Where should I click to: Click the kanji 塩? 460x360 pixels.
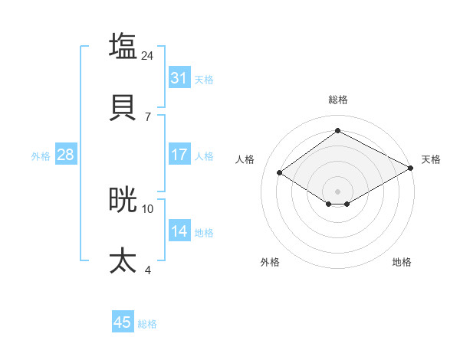point(123,45)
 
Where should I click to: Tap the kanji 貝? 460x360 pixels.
point(123,107)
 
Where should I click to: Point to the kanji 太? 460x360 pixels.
point(123,260)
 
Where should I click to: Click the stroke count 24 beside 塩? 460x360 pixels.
point(148,55)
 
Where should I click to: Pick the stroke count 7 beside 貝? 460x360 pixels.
point(148,116)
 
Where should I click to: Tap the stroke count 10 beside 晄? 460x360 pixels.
point(148,208)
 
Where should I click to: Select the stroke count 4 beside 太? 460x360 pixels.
point(148,270)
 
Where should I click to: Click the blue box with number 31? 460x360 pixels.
point(179,78)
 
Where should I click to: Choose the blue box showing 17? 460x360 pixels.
point(179,155)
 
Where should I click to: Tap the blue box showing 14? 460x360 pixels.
point(179,231)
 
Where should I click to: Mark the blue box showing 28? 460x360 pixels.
point(66,155)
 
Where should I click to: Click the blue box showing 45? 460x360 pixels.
point(123,322)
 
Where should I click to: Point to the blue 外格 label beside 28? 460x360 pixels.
point(41,155)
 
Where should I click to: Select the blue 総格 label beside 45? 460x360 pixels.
point(147,324)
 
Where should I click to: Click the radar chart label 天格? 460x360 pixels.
point(431,159)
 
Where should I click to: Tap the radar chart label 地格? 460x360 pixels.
point(402,262)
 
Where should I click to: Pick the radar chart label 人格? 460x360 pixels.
point(245,159)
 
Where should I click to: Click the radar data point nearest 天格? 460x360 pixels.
point(411,169)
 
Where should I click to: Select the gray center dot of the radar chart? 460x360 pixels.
point(337,190)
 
